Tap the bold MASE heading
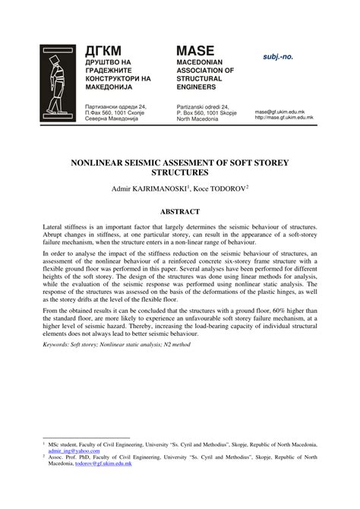click(x=197, y=49)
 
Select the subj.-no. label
click(x=277, y=56)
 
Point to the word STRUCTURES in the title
click(x=180, y=174)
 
